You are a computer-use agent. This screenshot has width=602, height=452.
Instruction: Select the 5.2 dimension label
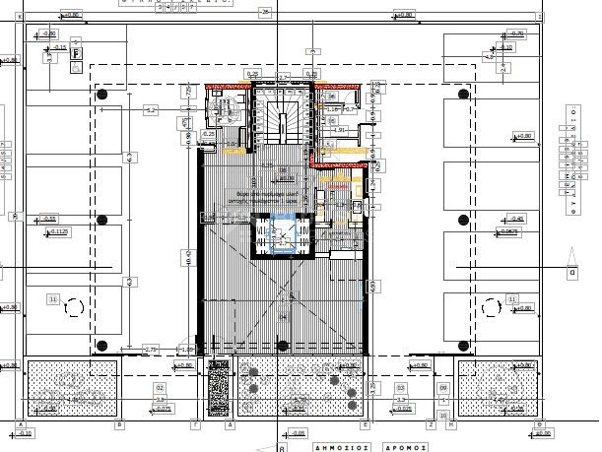(150, 109)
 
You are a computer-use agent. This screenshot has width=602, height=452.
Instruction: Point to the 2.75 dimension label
(151, 350)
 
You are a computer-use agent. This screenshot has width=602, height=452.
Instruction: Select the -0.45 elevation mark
(505, 219)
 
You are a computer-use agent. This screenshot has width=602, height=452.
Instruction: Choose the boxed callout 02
(159, 388)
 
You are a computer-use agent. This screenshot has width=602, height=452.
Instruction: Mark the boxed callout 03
(400, 388)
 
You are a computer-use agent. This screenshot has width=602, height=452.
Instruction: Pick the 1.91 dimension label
(340, 130)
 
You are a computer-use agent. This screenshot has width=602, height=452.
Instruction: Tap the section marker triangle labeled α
(570, 273)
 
